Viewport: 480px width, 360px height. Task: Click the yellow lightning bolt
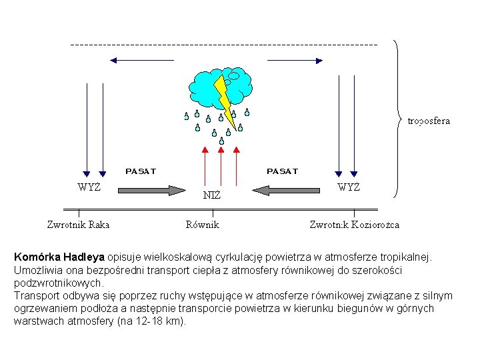click(226, 100)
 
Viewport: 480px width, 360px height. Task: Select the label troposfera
click(429, 121)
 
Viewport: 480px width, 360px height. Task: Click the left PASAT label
click(141, 171)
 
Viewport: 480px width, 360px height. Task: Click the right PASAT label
click(283, 171)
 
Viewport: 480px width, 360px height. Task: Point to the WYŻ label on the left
click(89, 187)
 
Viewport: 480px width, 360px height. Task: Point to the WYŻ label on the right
click(348, 187)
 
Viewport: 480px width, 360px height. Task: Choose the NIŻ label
click(211, 195)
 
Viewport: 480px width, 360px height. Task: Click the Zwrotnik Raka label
click(78, 225)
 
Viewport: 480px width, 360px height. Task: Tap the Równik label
click(202, 225)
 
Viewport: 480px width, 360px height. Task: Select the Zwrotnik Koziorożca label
click(354, 225)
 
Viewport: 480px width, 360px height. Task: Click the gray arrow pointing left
click(287, 190)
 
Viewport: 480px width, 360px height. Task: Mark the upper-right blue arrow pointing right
click(300, 60)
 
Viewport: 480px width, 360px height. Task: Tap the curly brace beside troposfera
click(398, 120)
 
